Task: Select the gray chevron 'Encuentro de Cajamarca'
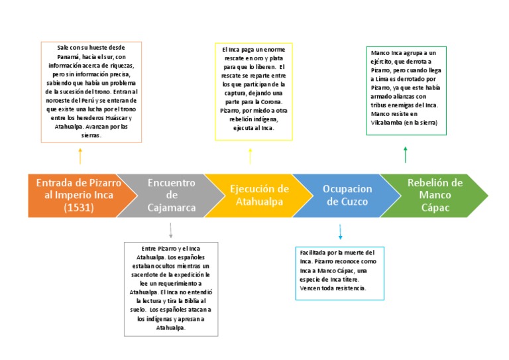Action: click(171, 195)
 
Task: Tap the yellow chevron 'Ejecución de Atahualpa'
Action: click(258, 195)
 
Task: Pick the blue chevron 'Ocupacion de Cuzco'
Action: click(347, 195)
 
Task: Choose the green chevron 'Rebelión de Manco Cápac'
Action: click(434, 195)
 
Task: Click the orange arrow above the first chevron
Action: click(80, 156)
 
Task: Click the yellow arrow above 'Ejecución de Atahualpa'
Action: click(250, 156)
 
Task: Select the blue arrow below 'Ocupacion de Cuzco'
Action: click(340, 231)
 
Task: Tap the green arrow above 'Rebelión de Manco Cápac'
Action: click(406, 154)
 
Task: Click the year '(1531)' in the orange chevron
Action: click(78, 208)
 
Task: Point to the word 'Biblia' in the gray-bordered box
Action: click(186, 300)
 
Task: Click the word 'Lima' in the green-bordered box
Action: click(380, 80)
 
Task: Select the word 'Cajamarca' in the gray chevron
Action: click(172, 208)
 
